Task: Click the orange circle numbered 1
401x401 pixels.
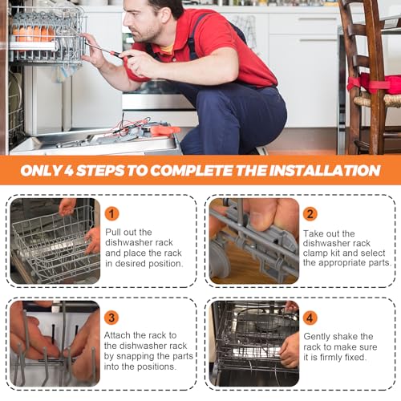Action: coord(111,213)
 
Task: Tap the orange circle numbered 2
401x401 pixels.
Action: coord(310,214)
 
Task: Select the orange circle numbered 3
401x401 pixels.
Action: coord(111,318)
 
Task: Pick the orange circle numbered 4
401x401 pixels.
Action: coord(310,318)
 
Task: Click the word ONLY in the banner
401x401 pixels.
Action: coord(42,170)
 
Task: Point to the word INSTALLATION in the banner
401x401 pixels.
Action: coord(325,170)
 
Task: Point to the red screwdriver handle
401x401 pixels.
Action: coord(118,55)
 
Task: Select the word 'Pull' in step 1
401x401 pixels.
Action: coord(114,232)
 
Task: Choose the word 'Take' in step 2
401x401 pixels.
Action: coord(314,233)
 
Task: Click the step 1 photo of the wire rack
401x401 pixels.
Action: coord(55,241)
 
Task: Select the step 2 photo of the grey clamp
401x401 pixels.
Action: coord(254,241)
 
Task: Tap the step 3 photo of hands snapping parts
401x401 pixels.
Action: coord(55,343)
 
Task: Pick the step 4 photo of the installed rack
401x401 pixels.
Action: coord(254,343)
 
